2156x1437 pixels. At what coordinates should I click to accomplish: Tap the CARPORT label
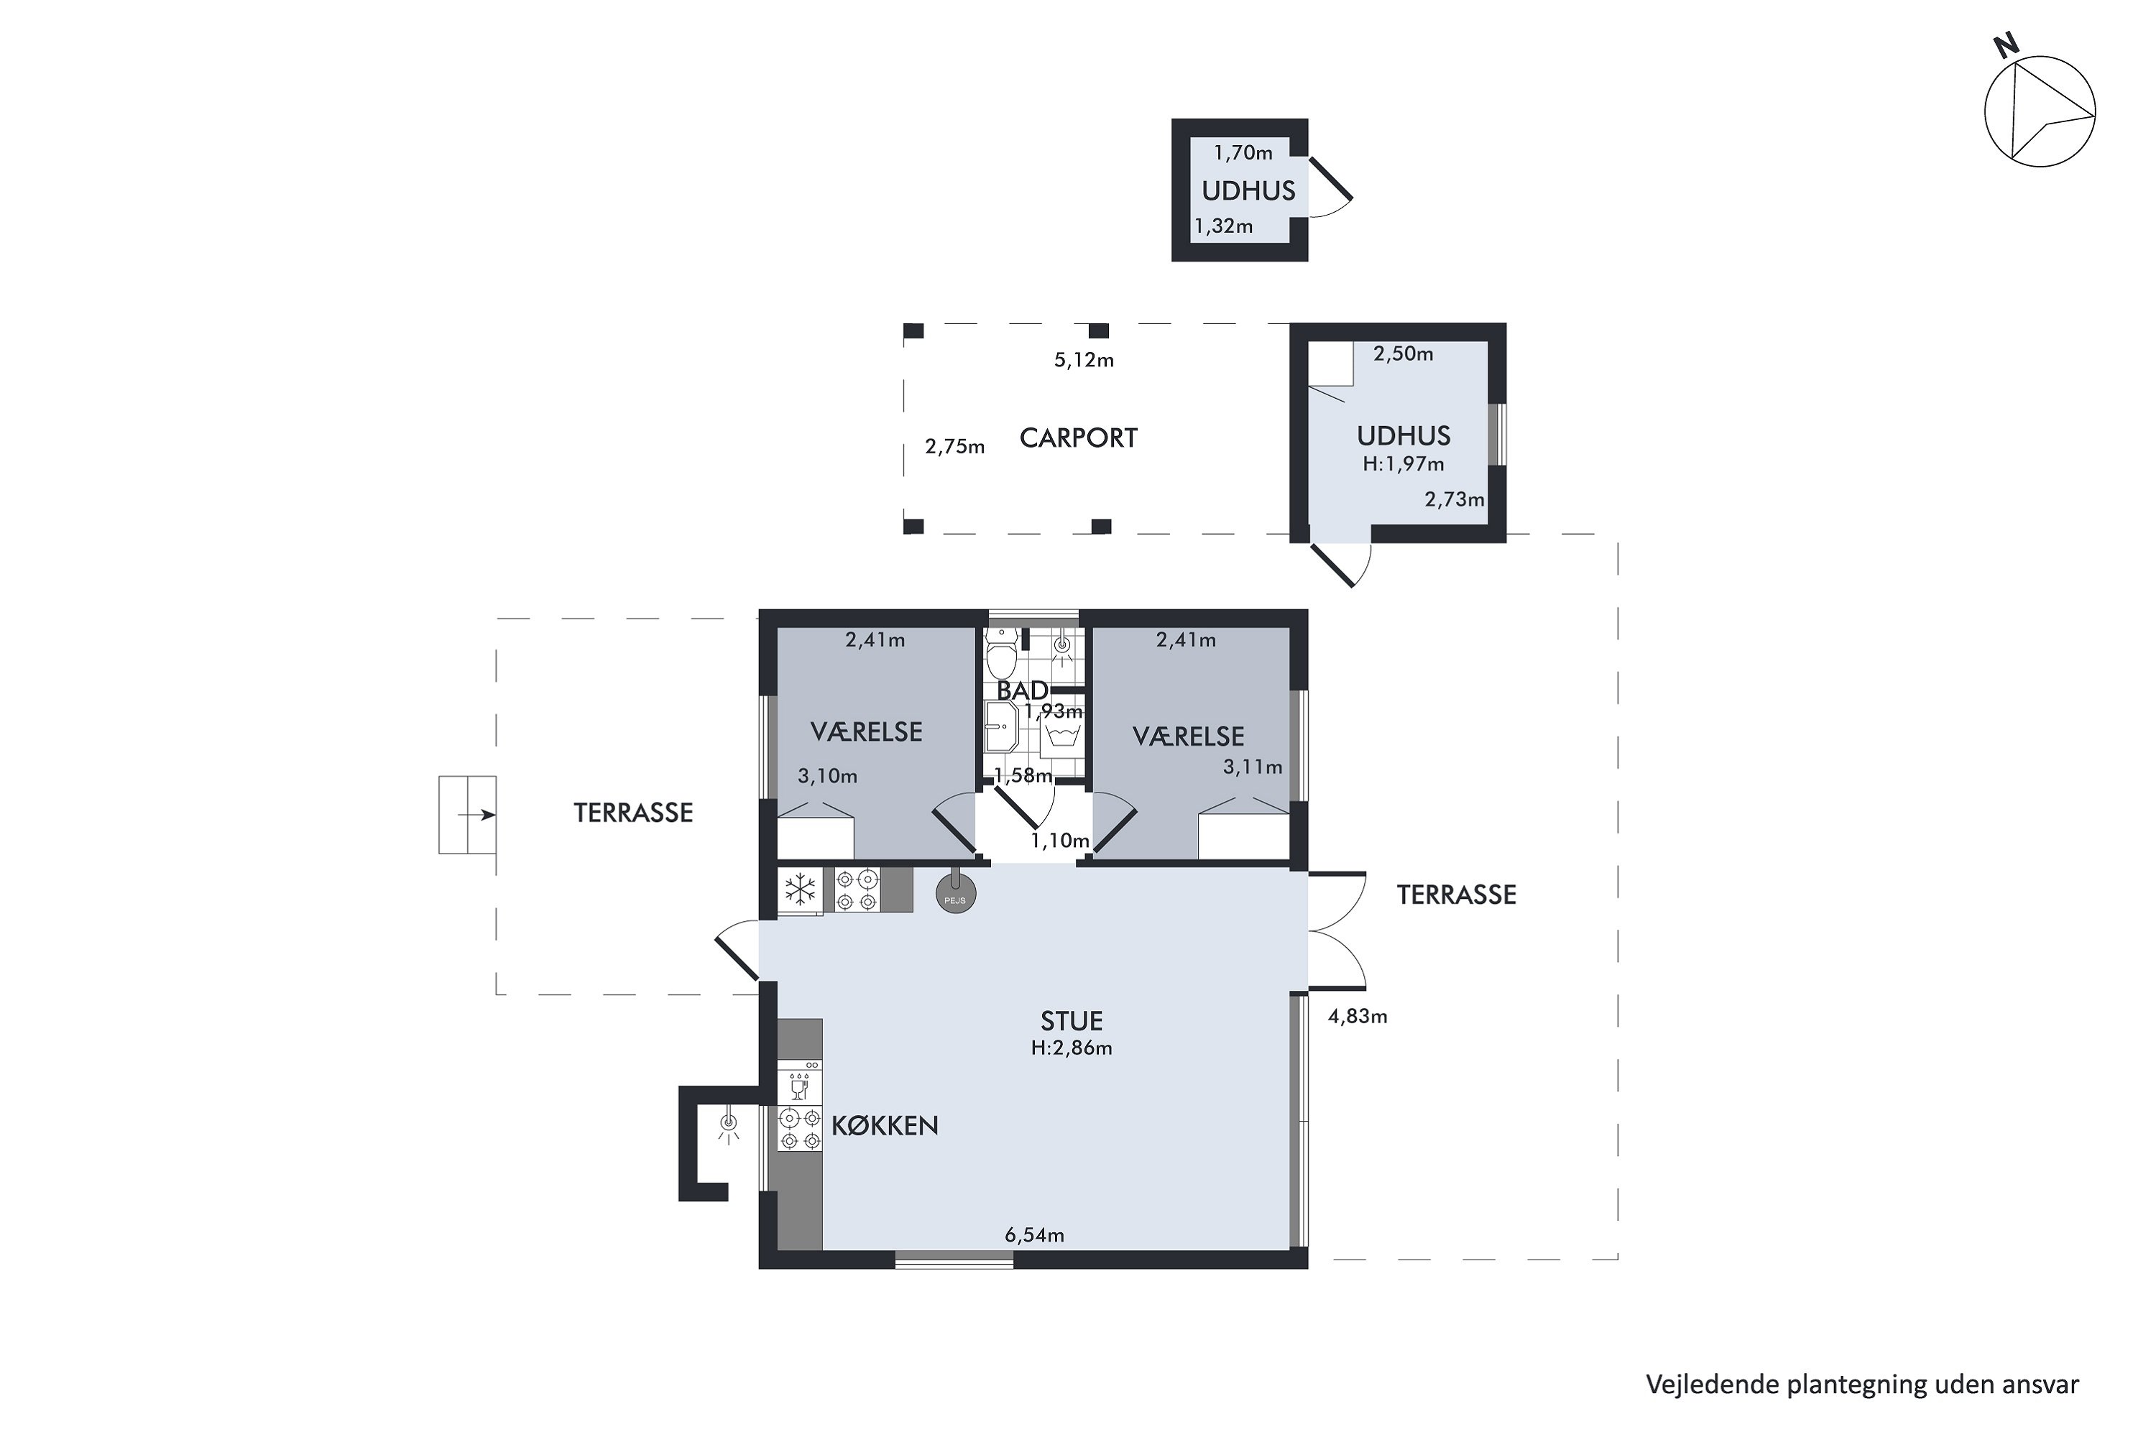pos(1078,438)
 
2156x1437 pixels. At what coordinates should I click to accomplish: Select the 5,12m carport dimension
pos(1084,360)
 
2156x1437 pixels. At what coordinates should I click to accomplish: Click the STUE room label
pos(1071,1021)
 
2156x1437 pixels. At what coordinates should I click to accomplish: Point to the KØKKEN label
pos(885,1125)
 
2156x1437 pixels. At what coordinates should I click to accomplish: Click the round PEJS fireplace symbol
pos(955,894)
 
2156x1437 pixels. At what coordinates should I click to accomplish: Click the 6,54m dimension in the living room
pos(1034,1235)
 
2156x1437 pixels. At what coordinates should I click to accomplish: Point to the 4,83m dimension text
pos(1358,1017)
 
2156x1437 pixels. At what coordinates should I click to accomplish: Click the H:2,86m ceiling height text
pos(1071,1048)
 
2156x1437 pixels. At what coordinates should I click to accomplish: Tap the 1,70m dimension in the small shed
pos(1243,153)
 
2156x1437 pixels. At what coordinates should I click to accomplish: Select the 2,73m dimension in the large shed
pos(1454,499)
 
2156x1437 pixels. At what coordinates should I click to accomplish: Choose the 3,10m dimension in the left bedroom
pos(827,776)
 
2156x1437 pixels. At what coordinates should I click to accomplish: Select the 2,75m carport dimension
pos(954,447)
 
